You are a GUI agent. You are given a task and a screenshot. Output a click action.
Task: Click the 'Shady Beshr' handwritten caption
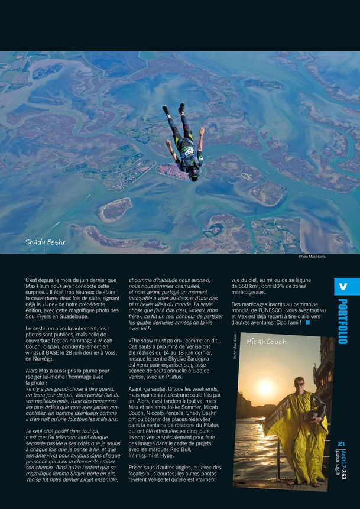(45, 242)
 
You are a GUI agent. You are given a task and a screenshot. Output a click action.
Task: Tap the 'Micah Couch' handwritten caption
(267, 342)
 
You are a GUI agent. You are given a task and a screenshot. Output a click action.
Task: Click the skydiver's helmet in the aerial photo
(193, 175)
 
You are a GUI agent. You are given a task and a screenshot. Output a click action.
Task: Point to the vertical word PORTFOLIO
(343, 321)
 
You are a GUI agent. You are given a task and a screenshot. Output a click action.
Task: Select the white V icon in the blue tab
(343, 287)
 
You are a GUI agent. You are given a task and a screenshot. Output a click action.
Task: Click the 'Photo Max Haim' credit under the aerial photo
(312, 256)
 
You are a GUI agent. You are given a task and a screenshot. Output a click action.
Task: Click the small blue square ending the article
(307, 322)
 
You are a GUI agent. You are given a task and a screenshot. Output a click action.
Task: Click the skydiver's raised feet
(174, 108)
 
